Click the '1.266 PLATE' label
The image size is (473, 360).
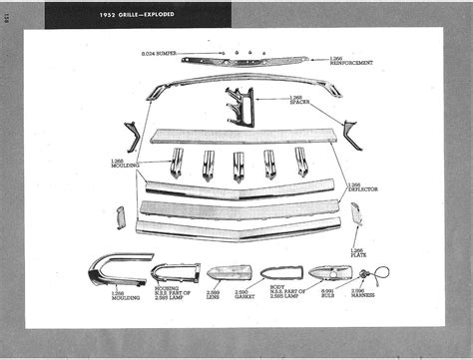pos(357,252)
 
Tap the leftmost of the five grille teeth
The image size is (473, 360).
pos(177,162)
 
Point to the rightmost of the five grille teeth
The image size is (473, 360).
pos(301,162)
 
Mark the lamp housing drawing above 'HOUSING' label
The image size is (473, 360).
pos(169,272)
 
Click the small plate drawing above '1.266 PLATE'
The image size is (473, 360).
pos(356,213)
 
